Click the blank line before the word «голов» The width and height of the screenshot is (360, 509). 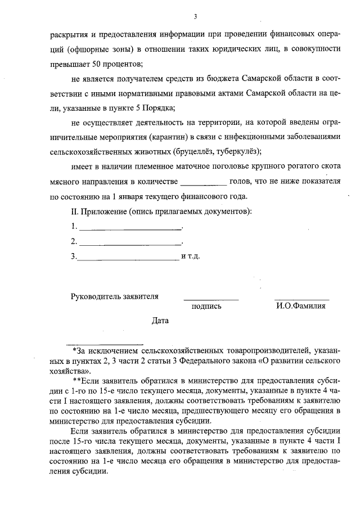point(202,182)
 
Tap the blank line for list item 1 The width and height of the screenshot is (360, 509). point(130,228)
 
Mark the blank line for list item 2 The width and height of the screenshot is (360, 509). point(130,243)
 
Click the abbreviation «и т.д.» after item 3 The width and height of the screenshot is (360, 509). point(191,256)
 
